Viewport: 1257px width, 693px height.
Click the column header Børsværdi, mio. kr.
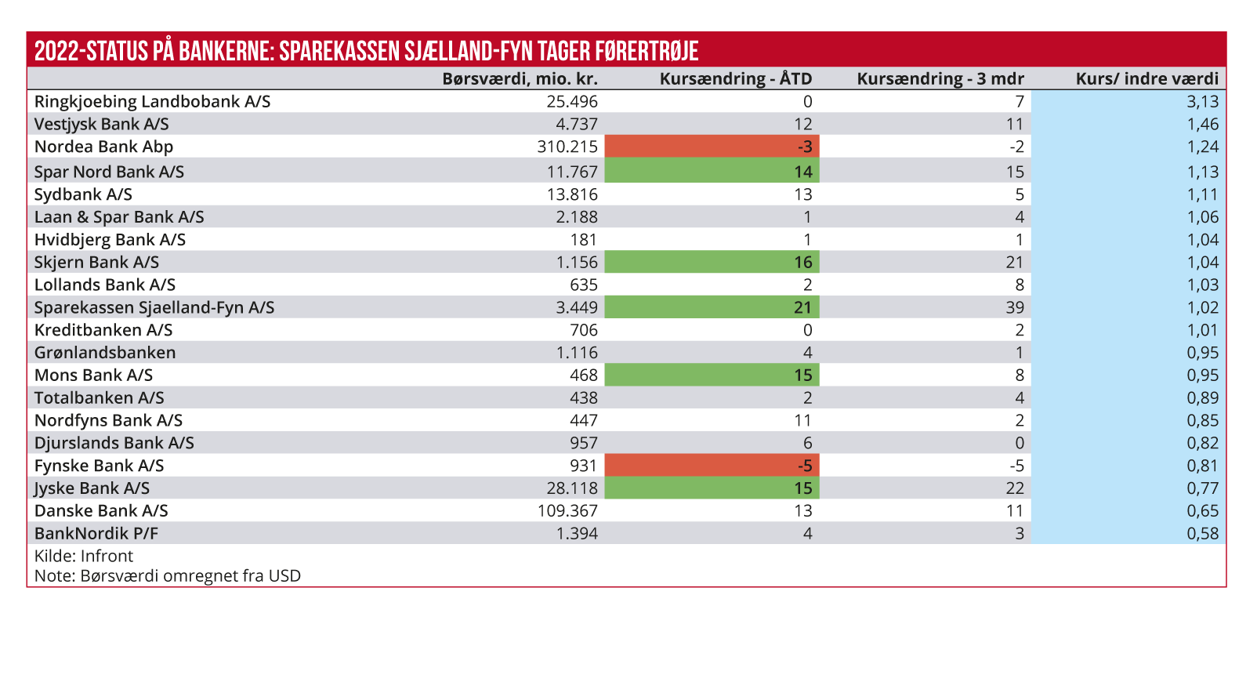click(x=520, y=78)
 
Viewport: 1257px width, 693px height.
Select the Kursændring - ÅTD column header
click(x=735, y=78)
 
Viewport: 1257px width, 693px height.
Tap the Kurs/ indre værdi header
click(x=1147, y=78)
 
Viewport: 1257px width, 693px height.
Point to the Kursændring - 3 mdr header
click(x=940, y=78)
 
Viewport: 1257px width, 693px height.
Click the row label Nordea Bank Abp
click(x=103, y=147)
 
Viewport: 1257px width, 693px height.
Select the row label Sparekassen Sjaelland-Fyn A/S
click(x=154, y=307)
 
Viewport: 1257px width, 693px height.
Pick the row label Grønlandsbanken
click(x=105, y=353)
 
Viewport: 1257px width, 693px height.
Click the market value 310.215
click(x=567, y=147)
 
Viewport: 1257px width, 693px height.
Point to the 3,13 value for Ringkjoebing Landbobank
click(x=1203, y=101)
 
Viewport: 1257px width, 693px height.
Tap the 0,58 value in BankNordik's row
click(x=1203, y=534)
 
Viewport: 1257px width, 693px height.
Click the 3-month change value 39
click(x=1015, y=307)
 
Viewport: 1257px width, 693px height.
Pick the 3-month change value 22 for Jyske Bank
click(x=1015, y=488)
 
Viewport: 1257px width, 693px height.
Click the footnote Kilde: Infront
click(x=84, y=556)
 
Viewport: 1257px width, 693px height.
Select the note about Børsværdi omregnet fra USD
click(x=168, y=576)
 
